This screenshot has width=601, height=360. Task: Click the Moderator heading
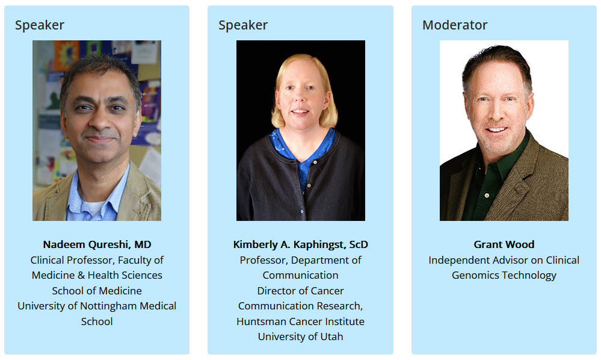click(455, 25)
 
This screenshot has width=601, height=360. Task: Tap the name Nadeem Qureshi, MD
click(97, 244)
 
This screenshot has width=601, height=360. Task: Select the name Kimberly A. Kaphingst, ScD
click(301, 244)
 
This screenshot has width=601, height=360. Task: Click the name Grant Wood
click(504, 244)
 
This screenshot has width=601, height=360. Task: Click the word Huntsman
click(258, 321)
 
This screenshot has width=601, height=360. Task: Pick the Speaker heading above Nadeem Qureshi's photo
click(40, 25)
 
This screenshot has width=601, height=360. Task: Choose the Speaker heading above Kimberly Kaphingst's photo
click(243, 25)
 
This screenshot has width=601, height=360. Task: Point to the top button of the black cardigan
click(315, 163)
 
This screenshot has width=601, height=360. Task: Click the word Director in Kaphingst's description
click(274, 291)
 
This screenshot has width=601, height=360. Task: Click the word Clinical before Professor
click(48, 260)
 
